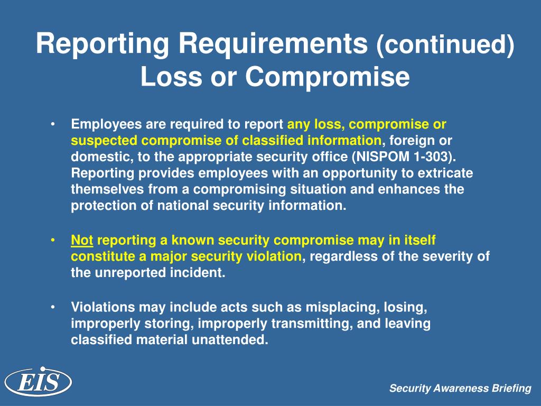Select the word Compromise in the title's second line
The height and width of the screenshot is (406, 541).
coord(327,77)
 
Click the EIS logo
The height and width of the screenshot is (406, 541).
coord(38,381)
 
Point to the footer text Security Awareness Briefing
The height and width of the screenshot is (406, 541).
coord(460,389)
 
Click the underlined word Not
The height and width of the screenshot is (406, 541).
coord(82,241)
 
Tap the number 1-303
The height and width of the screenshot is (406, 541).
coord(438,157)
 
